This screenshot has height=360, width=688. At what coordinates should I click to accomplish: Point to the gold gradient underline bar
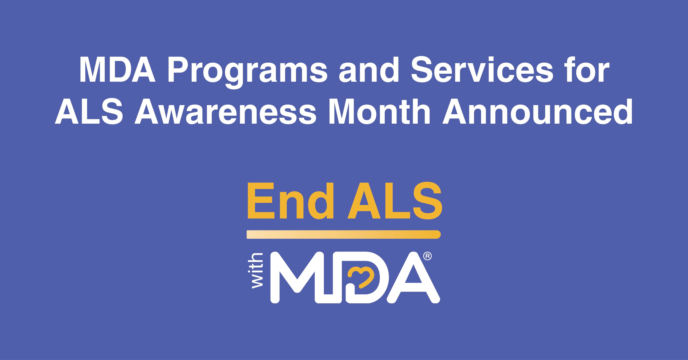click(x=344, y=234)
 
